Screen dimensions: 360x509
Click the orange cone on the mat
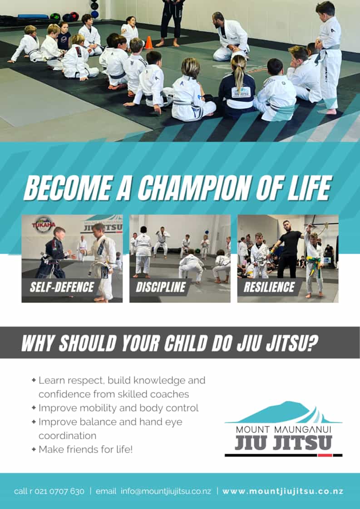click(149, 43)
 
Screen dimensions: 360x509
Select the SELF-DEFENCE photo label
click(62, 287)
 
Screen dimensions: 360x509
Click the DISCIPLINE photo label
click(161, 287)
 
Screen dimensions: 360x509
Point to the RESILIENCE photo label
click(269, 287)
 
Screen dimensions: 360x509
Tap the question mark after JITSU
click(312, 343)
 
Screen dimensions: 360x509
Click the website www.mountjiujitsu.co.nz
click(283, 491)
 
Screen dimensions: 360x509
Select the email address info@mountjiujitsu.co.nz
click(166, 491)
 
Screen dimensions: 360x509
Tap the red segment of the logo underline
click(325, 455)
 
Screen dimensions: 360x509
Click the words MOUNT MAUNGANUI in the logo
click(283, 430)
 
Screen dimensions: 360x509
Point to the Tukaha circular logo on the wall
click(43, 225)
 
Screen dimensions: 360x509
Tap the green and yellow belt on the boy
click(313, 263)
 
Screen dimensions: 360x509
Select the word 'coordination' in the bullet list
click(67, 436)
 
